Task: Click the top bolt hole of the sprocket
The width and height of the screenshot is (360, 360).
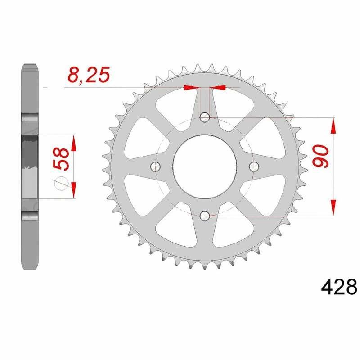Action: point(205,118)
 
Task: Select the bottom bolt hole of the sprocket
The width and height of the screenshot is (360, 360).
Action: point(205,216)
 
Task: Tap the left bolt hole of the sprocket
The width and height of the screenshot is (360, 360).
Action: point(156,167)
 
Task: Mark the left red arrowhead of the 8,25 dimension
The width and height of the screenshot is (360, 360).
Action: point(191,87)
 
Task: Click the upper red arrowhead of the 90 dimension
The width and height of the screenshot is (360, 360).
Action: point(333,126)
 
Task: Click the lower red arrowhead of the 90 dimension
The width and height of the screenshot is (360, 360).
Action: point(333,207)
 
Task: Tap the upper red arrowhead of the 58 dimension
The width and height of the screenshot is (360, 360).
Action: point(74,144)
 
